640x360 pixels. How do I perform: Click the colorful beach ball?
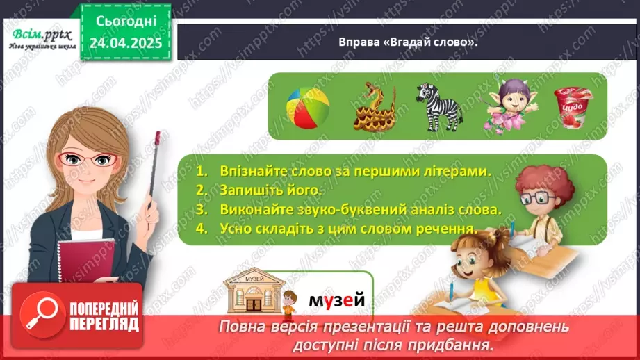tap(309, 106)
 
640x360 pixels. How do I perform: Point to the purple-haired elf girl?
tap(505, 105)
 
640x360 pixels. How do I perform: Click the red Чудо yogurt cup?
tap(572, 106)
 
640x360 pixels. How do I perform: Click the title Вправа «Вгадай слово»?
tap(408, 42)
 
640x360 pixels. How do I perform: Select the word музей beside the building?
tap(337, 300)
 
